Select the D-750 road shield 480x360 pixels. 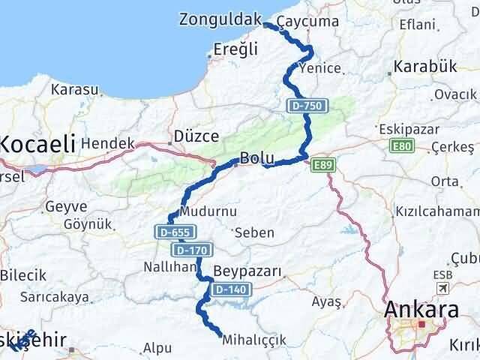pos(306,106)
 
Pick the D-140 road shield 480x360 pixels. pos(228,289)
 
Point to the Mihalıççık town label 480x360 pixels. pos(255,340)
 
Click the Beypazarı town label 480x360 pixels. pos(247,271)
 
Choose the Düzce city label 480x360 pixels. pos(196,136)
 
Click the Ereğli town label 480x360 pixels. pos(235,49)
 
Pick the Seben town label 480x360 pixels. pos(253,232)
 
